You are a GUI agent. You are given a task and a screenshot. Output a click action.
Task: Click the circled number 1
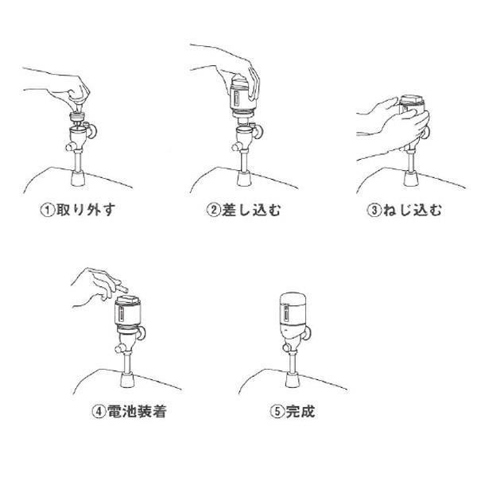pos(48,210)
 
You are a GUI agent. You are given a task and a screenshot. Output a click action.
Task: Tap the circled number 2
pos(213,210)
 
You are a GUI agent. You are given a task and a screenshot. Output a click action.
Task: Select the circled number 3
pos(374,210)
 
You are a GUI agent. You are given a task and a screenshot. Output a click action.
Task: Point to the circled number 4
pos(99,412)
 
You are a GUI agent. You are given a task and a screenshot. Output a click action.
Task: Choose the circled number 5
pos(277,412)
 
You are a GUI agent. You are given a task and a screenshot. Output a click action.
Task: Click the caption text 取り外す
pos(86,210)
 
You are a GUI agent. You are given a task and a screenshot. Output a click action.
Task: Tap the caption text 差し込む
pos(251,210)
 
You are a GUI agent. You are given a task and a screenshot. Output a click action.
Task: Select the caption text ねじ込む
pos(412,210)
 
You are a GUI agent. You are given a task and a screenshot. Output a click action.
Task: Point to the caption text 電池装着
pos(137,412)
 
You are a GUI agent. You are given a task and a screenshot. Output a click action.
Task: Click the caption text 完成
pos(301,412)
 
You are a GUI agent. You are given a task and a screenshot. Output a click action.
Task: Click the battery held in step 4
pos(121,288)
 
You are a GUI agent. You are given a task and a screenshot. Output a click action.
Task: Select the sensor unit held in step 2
pos(242,95)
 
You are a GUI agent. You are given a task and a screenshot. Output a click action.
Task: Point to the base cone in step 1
pos(78,179)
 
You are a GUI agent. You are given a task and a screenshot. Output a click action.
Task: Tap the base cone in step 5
pos(293,380)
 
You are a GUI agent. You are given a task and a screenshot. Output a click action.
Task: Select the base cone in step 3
pos(411,179)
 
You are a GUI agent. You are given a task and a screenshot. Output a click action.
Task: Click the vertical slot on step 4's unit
pos(121,314)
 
